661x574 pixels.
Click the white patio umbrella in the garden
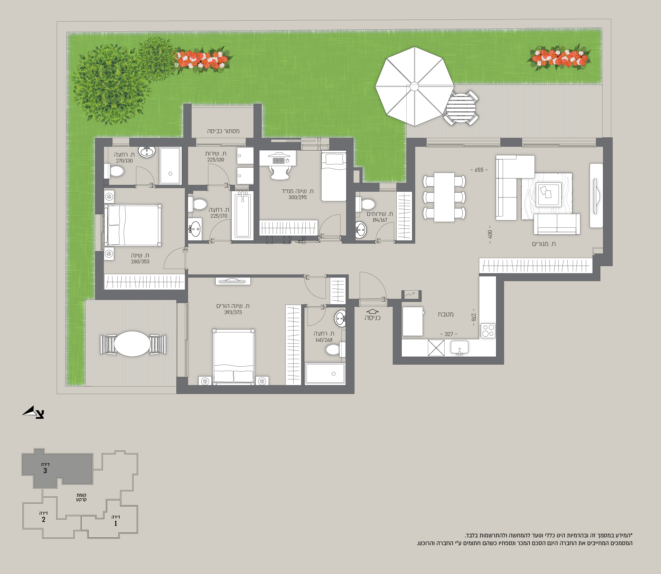tap(414, 86)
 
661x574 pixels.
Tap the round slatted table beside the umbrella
tap(461, 108)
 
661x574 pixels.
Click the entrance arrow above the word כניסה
tap(372, 311)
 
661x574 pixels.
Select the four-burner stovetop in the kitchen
tap(488, 331)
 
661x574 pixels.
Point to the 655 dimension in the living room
tap(479, 170)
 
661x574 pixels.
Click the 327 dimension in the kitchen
tap(449, 334)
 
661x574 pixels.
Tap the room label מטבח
tap(446, 314)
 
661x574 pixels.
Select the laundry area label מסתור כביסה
tap(223, 131)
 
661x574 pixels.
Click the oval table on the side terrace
tap(132, 344)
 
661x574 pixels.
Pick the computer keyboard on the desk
tap(278, 160)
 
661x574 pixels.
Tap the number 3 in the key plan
tap(45, 471)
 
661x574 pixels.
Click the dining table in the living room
tap(444, 197)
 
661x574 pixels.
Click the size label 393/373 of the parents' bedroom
tap(233, 312)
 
